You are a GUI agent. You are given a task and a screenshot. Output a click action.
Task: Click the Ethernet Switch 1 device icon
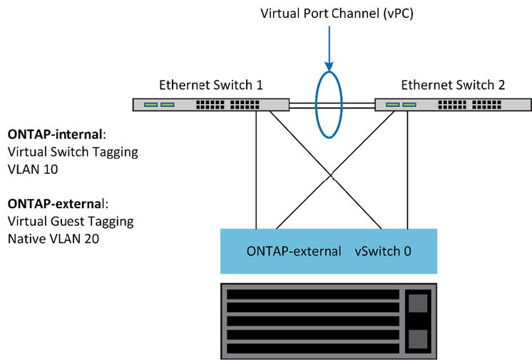[210, 105]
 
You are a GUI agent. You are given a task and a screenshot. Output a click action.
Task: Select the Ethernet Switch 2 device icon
[453, 105]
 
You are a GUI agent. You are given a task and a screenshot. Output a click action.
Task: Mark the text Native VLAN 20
[52, 239]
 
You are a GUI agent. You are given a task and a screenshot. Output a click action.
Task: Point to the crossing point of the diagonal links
[331, 173]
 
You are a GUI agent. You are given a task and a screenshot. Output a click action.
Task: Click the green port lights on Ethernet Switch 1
[159, 105]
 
